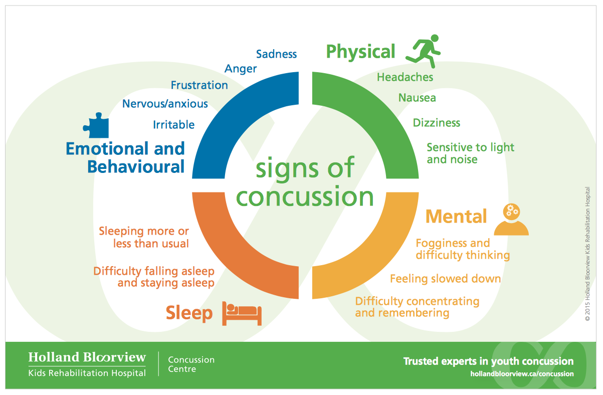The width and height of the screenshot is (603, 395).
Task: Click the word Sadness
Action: click(276, 54)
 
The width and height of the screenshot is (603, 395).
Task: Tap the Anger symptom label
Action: click(241, 69)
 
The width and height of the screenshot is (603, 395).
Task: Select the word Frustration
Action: click(199, 85)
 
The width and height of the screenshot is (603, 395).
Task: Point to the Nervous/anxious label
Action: click(165, 104)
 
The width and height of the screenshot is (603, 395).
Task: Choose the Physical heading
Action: click(360, 52)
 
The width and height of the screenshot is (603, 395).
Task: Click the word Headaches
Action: click(405, 78)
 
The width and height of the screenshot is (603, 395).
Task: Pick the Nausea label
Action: click(417, 98)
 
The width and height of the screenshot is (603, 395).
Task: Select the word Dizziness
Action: click(436, 123)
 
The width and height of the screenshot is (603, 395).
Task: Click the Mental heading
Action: click(456, 217)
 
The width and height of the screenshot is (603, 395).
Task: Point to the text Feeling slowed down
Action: click(445, 279)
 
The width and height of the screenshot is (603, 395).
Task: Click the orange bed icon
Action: click(243, 314)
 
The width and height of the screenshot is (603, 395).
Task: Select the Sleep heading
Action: click(189, 313)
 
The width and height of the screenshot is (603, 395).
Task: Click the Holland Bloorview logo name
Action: click(87, 357)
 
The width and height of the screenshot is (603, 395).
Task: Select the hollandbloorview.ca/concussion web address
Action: click(521, 374)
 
